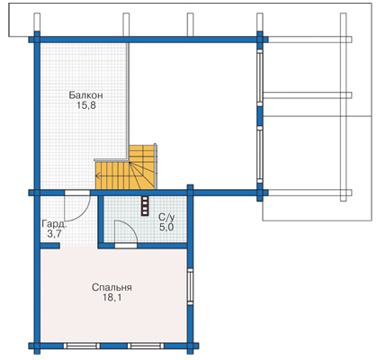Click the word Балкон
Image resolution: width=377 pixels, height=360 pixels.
(85, 95)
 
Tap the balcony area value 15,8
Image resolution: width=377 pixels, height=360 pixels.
(86, 105)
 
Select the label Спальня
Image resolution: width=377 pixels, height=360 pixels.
(112, 287)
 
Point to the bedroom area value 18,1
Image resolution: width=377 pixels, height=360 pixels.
(112, 298)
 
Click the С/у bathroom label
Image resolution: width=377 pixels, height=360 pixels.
(166, 217)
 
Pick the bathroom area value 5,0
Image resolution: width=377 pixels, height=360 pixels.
(166, 227)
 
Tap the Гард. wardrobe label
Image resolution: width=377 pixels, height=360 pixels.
(54, 224)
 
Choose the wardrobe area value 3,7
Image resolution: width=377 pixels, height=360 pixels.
(54, 234)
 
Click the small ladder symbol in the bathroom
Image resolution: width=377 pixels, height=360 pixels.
(145, 205)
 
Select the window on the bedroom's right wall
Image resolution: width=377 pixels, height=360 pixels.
(190, 286)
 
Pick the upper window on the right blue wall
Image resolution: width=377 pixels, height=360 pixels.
(260, 78)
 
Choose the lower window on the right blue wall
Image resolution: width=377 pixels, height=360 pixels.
(260, 154)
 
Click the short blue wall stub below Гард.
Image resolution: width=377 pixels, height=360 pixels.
(49, 246)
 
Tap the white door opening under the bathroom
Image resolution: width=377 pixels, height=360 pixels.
(126, 246)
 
